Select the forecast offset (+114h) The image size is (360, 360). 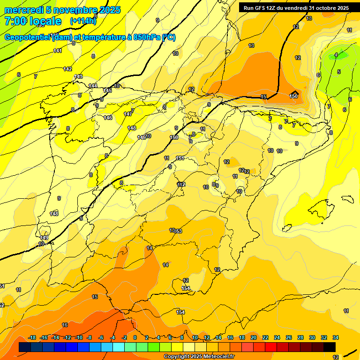[83, 21]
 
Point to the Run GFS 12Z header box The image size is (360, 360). [296, 7]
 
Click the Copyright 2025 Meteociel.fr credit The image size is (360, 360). [199, 356]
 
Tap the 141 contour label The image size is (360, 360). [58, 51]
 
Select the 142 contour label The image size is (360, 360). [67, 69]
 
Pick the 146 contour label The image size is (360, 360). [108, 118]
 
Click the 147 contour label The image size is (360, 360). [128, 114]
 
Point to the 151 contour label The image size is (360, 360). [180, 158]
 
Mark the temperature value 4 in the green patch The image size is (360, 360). [336, 55]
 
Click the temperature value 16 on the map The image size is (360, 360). [65, 325]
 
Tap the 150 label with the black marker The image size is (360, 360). [294, 96]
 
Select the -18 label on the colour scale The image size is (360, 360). [32, 337]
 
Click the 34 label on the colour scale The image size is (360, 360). [336, 337]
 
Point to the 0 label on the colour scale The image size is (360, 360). [135, 337]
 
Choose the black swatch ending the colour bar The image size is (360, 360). [330, 347]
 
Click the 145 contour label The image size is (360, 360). [107, 90]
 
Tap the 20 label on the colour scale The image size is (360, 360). [254, 337]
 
